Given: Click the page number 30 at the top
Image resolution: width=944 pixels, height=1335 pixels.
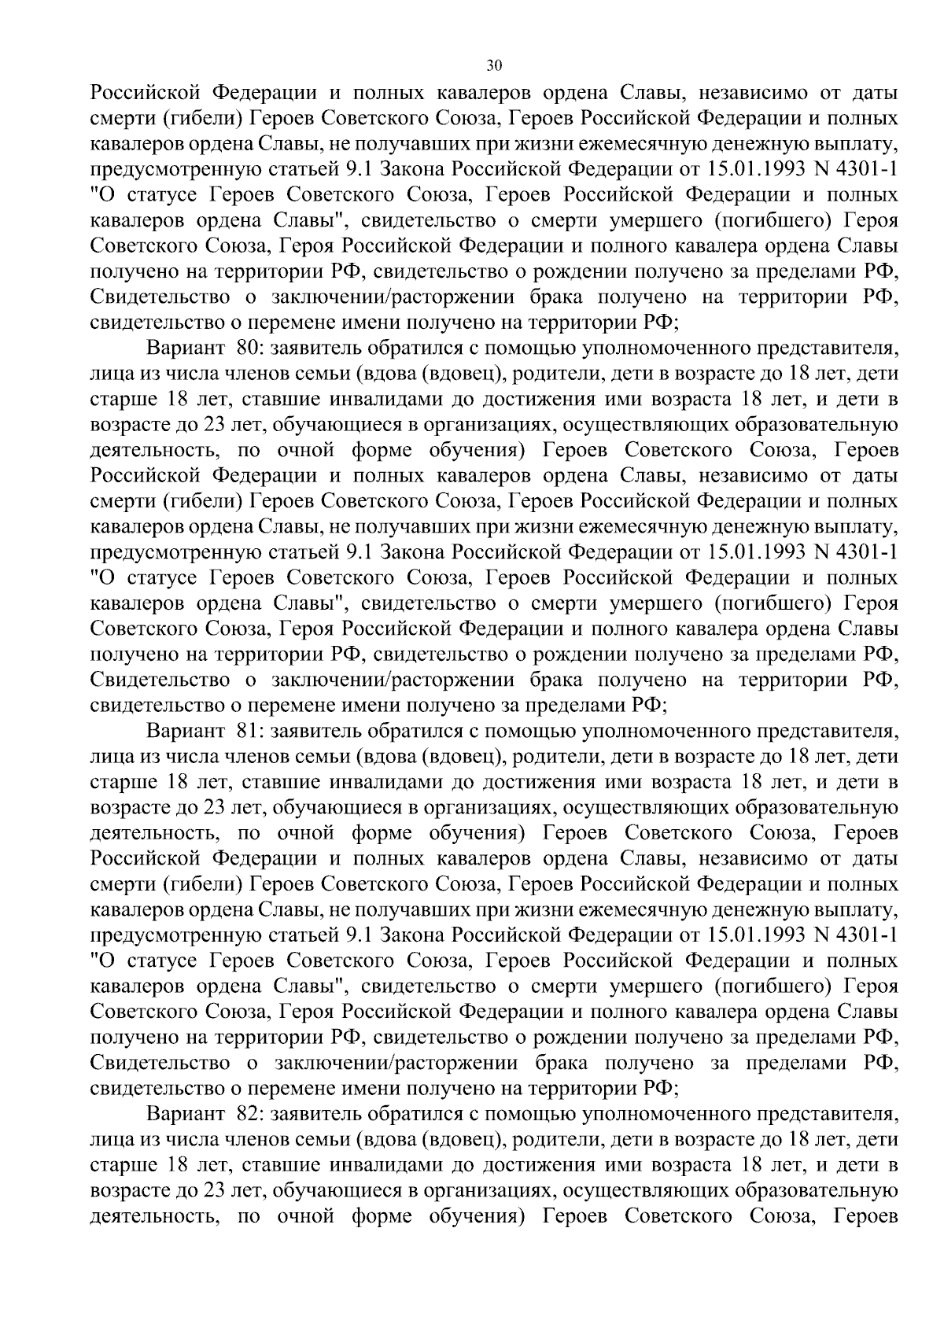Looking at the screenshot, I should [494, 65].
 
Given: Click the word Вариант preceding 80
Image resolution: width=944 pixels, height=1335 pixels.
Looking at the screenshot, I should [186, 349].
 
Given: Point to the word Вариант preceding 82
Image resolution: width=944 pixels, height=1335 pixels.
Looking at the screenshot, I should [186, 1114].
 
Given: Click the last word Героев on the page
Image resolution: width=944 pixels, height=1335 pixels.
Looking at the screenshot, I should [865, 1216].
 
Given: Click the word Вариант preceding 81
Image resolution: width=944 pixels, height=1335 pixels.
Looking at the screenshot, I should [186, 731].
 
